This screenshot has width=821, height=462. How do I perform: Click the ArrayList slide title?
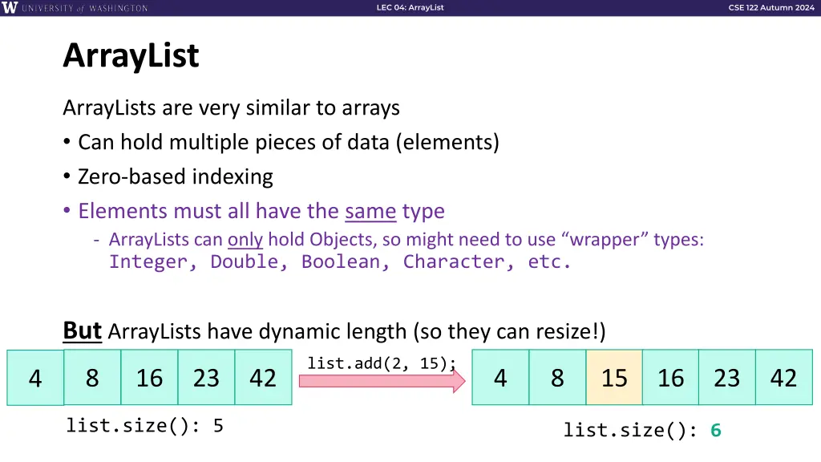[x=131, y=56]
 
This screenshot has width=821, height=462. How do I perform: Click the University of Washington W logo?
[x=10, y=8]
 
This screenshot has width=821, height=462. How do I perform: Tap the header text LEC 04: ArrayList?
[x=410, y=8]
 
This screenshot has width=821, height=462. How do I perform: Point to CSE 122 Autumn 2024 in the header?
[x=770, y=8]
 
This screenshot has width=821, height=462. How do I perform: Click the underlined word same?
[x=370, y=212]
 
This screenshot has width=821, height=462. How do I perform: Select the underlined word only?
[x=245, y=239]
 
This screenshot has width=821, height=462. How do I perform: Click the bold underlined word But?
[x=83, y=330]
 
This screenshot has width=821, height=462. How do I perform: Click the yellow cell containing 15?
[x=614, y=377]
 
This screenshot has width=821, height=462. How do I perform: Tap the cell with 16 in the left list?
[x=149, y=377]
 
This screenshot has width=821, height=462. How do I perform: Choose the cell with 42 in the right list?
[x=783, y=377]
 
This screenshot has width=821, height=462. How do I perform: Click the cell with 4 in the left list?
[x=35, y=377]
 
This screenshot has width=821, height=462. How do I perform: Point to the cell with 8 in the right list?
[x=557, y=377]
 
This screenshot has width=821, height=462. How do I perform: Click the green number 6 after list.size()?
[x=716, y=431]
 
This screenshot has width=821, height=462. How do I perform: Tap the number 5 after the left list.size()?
[x=218, y=426]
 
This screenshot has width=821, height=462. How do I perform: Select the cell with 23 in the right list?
[x=726, y=377]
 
